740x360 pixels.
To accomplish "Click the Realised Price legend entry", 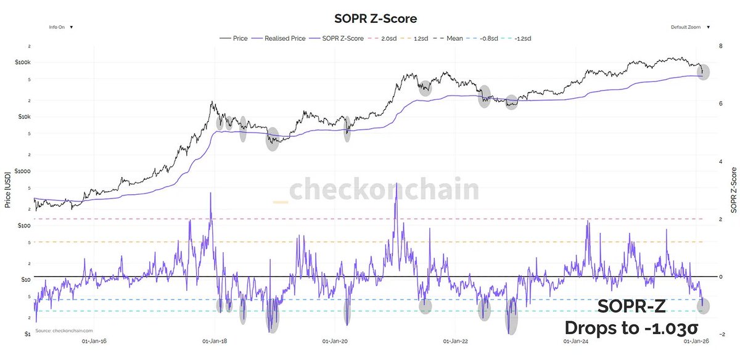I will [x=284, y=38].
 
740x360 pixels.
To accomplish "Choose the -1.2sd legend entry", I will [x=520, y=38].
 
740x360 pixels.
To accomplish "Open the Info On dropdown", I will [x=61, y=27].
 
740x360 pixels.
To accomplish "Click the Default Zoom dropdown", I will [x=689, y=27].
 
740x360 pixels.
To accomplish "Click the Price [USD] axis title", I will [x=8, y=187].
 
